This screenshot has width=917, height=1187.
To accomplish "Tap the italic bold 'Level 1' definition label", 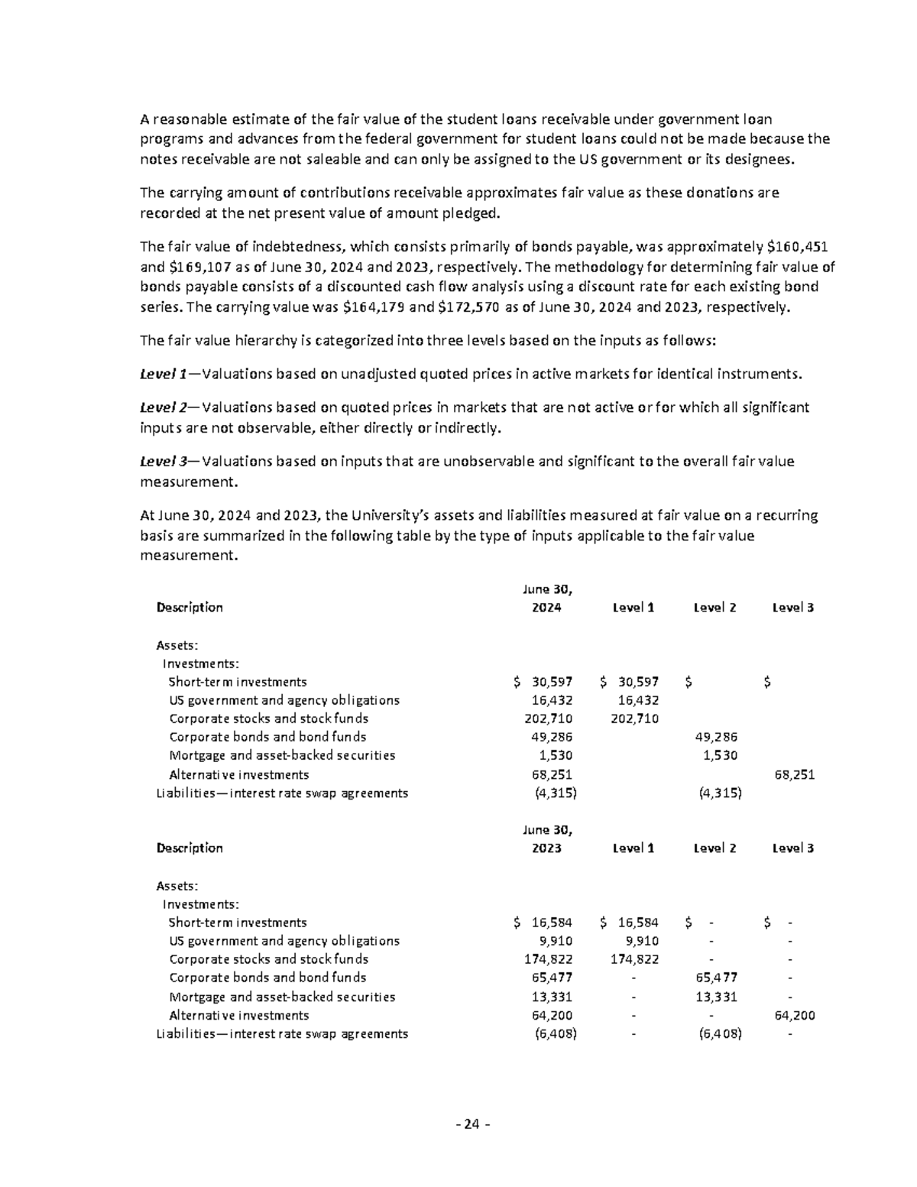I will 163,374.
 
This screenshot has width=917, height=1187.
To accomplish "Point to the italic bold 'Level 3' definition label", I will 163,462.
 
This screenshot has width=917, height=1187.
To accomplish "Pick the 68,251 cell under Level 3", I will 794,774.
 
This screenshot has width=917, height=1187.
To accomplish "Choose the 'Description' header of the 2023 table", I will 190,848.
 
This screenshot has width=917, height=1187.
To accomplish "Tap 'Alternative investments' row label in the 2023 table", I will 238,1015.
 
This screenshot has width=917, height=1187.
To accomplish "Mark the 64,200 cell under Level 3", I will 794,1016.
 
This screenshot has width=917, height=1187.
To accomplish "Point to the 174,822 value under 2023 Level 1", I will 633,959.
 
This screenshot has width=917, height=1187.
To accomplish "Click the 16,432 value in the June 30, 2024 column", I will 552,700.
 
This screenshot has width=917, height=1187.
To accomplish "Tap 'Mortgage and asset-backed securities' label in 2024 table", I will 282,755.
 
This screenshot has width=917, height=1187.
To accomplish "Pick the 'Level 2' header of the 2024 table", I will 714,608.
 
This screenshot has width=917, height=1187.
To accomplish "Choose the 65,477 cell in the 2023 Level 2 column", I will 716,978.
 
